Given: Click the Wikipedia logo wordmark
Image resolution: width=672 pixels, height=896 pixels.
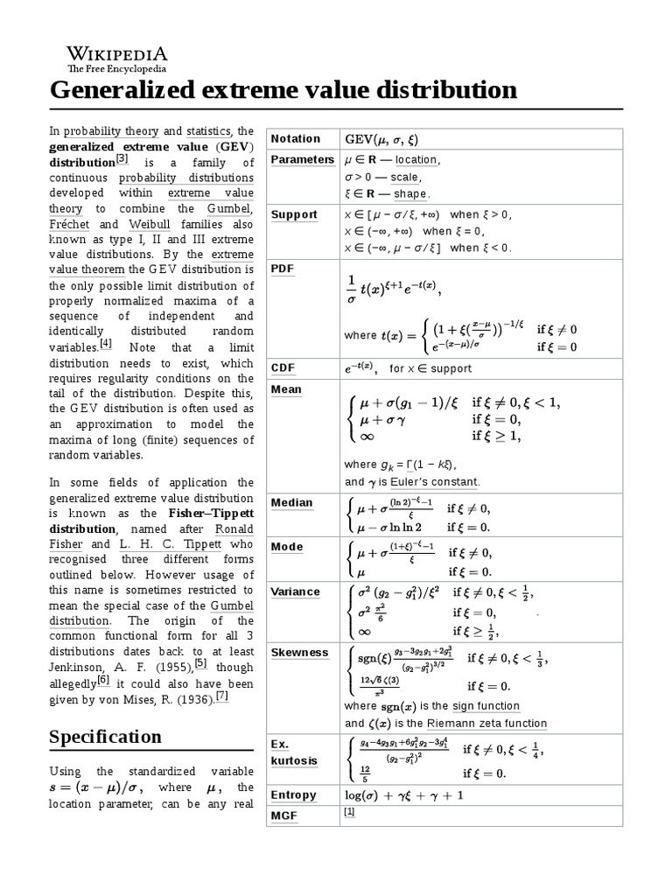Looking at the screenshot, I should (118, 53).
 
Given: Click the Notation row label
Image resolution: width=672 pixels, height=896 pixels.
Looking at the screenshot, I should (296, 139).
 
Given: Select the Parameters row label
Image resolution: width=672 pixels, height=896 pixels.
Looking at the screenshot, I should (302, 159).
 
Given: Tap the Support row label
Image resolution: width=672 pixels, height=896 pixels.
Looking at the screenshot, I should (294, 214).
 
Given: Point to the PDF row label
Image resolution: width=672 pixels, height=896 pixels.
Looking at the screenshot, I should (282, 269).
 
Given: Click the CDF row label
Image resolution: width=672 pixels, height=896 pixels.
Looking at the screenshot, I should (283, 368).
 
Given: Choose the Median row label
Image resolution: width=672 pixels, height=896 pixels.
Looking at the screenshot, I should (291, 503).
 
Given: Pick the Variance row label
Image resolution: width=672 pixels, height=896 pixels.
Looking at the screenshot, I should (296, 591).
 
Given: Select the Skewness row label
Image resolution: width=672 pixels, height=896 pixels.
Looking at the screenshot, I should (299, 653).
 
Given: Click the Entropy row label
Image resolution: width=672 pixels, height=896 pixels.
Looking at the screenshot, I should (294, 795).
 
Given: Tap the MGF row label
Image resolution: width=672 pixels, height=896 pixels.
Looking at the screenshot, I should (284, 815).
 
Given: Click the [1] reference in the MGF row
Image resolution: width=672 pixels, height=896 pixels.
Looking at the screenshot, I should (349, 812).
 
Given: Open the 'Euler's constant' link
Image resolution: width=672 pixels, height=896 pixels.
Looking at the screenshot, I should (437, 482).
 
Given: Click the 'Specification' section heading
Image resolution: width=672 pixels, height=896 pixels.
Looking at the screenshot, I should (105, 737).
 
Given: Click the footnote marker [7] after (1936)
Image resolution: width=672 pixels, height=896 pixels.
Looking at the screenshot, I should (221, 696).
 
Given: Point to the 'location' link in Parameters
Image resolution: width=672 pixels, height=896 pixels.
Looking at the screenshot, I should (416, 160).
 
